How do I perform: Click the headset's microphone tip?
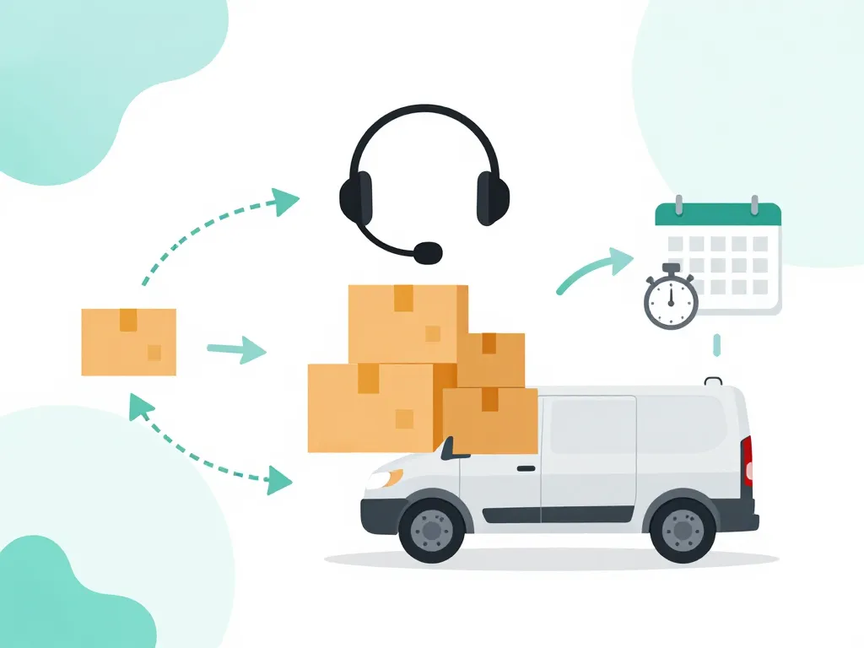point(429,251)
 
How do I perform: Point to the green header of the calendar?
point(718,214)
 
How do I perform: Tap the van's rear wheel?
point(683,530)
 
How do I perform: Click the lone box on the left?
point(129,342)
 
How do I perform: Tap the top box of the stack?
point(408,323)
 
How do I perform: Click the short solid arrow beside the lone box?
point(236,348)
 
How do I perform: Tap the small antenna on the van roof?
point(714,381)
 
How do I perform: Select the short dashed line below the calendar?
point(717,344)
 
